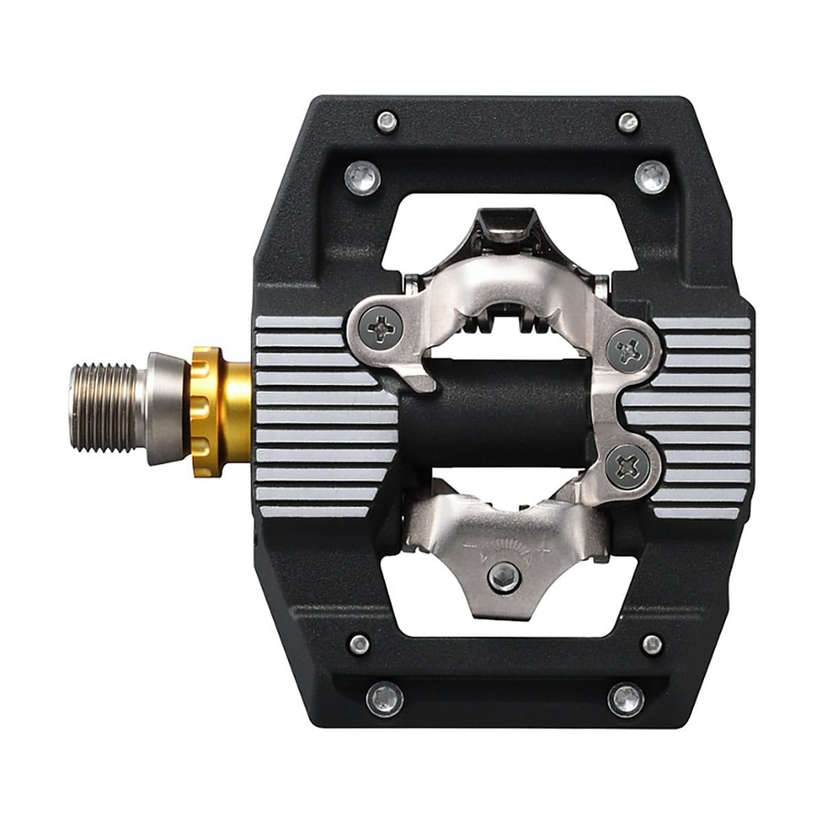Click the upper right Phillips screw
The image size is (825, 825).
click(x=628, y=352)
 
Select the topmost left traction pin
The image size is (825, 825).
click(x=387, y=122)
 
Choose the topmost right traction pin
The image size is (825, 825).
click(x=627, y=122)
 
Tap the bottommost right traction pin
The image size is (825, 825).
click(x=626, y=698)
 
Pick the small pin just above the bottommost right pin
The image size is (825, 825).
click(x=651, y=644)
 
